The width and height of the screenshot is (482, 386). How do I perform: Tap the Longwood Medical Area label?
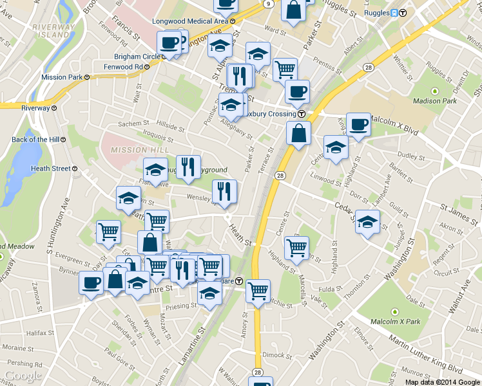pyautogui.click(x=190, y=21)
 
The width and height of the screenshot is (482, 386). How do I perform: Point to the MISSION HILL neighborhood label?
pyautogui.click(x=130, y=150)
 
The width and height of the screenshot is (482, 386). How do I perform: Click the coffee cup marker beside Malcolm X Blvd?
pyautogui.click(x=358, y=124)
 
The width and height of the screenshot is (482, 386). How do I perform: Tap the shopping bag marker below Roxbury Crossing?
pyautogui.click(x=298, y=133)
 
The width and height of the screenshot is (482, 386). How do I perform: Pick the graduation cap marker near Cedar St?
pyautogui.click(x=367, y=223)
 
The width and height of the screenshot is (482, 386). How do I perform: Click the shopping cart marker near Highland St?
pyautogui.click(x=296, y=248)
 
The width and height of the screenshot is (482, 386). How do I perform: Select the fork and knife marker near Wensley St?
pyautogui.click(x=224, y=191)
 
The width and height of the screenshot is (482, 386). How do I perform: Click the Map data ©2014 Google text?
pyautogui.click(x=442, y=381)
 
